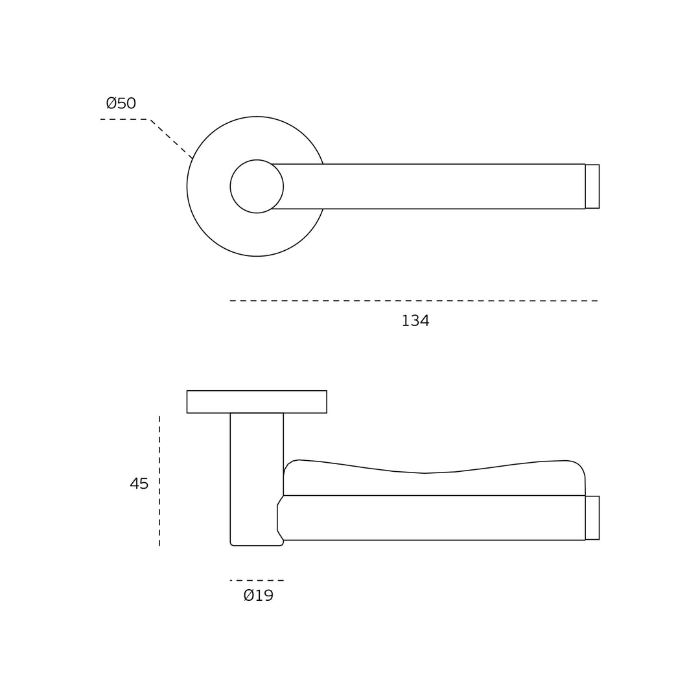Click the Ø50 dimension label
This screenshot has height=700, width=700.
(x=121, y=103)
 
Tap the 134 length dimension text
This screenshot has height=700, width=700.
(x=415, y=321)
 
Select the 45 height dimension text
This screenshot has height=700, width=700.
(x=139, y=484)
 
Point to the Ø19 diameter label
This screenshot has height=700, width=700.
(x=259, y=595)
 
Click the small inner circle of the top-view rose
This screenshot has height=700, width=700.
(x=257, y=160)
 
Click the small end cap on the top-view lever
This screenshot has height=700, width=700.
(x=592, y=186)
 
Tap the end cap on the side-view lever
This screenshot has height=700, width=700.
(x=592, y=518)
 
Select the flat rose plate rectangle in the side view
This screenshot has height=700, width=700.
(x=257, y=402)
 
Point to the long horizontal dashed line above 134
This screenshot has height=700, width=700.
(x=414, y=301)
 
